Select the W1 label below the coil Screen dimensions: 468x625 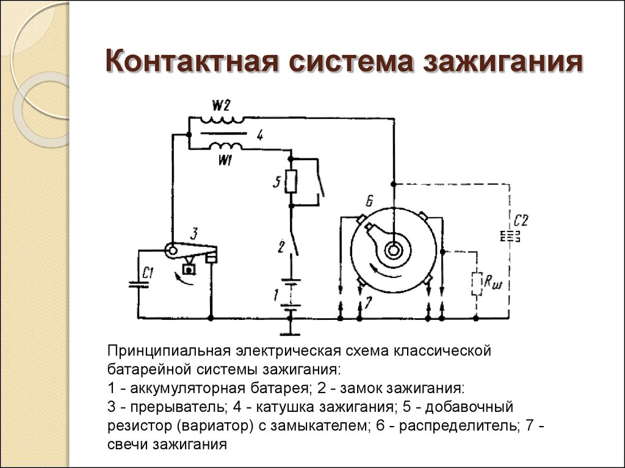225,160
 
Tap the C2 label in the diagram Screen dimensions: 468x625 520,220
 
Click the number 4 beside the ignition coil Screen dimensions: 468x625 260,135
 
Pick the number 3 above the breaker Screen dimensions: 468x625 193,233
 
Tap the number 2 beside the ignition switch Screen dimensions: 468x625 281,247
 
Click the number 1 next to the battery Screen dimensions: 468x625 276,296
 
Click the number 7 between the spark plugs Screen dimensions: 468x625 367,303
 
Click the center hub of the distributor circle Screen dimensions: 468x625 394,249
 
